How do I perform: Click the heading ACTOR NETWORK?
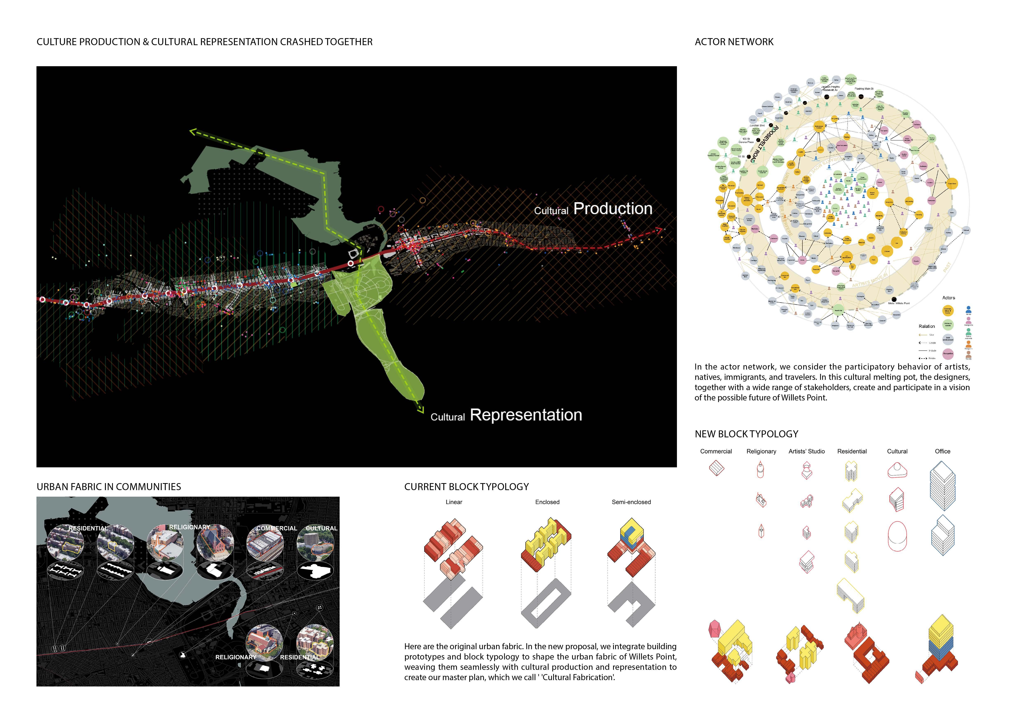click(734, 42)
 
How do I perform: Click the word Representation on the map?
click(526, 415)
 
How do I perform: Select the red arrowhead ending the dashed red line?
click(659, 230)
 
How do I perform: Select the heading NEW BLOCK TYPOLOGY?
click(747, 434)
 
